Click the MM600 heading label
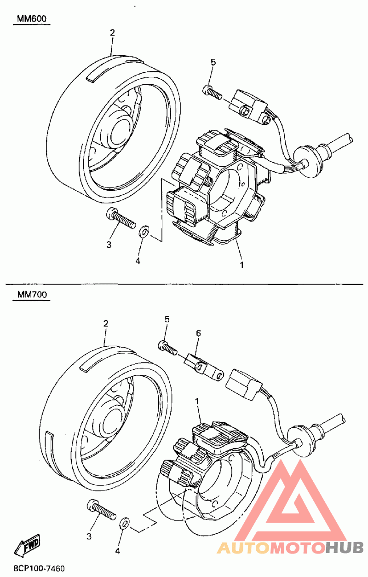click(32, 19)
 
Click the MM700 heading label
click(32, 294)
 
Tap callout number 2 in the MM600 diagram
click(112, 33)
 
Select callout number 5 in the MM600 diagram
click(213, 62)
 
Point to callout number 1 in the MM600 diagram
click(241, 265)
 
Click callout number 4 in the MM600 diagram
click(138, 261)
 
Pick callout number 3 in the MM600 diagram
click(109, 245)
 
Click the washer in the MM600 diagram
click(143, 231)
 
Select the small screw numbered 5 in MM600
click(213, 93)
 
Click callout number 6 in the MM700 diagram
click(198, 333)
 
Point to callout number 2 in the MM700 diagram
click(106, 324)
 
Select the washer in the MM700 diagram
click(124, 522)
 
